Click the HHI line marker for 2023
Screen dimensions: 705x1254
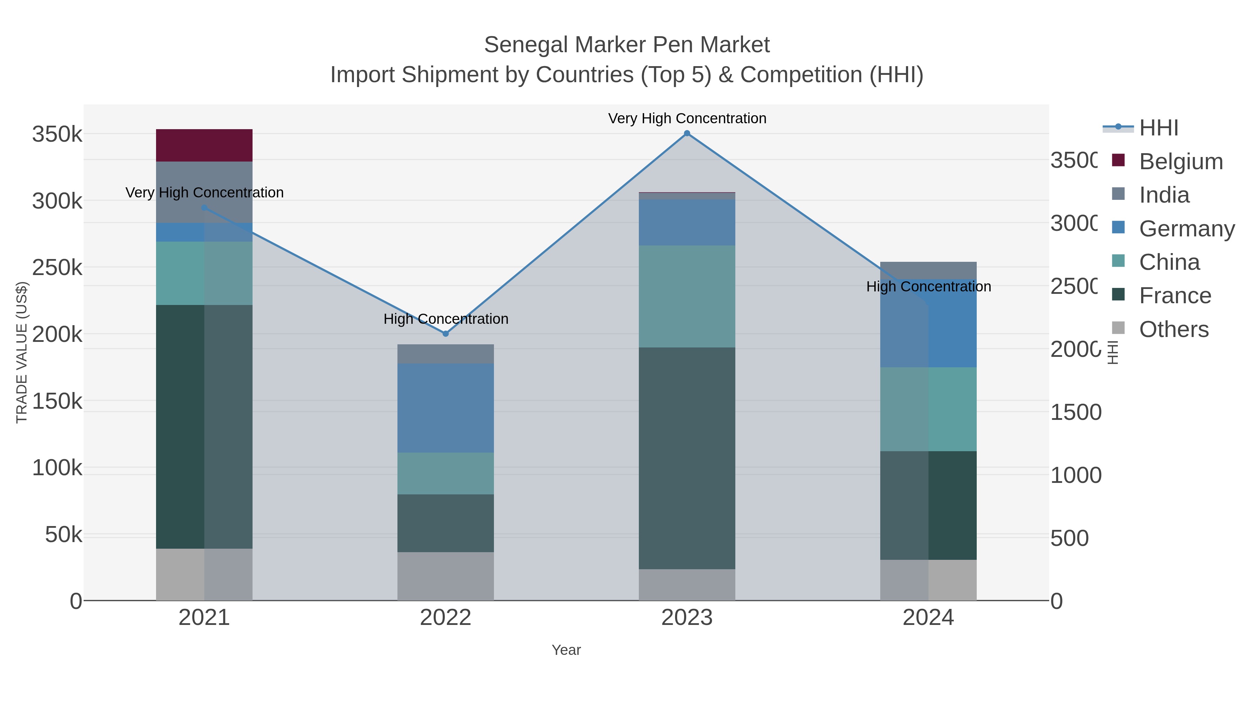687,133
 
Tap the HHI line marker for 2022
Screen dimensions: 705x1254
446,334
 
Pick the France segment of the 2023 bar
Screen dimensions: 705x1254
687,458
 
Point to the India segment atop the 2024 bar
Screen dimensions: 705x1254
928,270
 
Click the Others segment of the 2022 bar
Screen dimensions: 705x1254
446,576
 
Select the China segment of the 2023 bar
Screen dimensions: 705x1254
687,296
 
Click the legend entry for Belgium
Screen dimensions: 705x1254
1181,162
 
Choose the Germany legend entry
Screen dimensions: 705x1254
1186,229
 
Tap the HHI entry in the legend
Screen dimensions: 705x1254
1159,128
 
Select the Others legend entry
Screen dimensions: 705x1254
1174,329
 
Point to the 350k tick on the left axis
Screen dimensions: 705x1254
57,134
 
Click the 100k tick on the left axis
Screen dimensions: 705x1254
57,468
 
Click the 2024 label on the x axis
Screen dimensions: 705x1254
928,618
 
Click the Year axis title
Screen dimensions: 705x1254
566,650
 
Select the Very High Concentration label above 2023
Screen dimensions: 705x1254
687,119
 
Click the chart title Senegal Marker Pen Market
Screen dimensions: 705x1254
627,45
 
